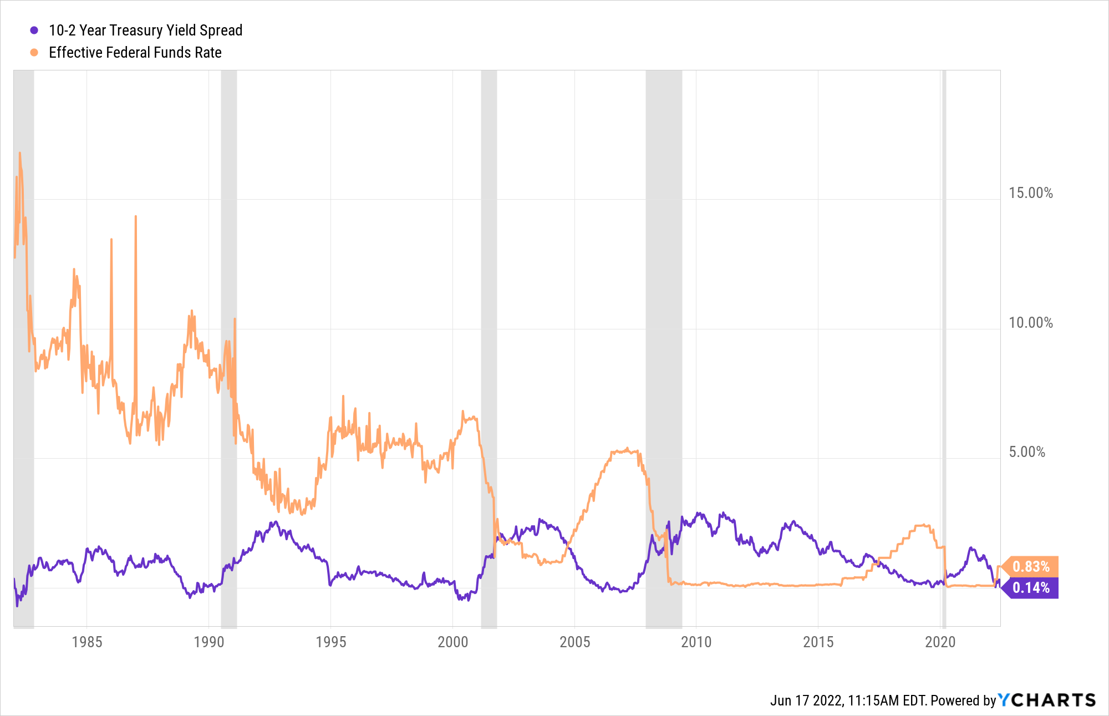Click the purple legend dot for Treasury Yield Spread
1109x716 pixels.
coord(34,31)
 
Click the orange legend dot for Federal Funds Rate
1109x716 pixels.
coord(34,53)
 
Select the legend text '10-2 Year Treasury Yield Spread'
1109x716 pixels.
coord(145,31)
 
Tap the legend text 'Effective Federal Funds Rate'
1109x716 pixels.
coord(135,53)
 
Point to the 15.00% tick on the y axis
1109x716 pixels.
coord(1030,193)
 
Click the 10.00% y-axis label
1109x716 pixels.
coord(1030,323)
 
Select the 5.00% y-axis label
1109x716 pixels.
coord(1026,452)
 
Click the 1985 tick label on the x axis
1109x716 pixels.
coord(87,642)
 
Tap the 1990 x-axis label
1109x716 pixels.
coord(209,642)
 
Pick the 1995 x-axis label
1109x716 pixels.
coord(331,642)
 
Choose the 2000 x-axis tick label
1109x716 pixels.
coord(453,642)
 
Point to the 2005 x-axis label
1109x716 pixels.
coord(575,642)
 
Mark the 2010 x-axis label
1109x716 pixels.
coord(696,642)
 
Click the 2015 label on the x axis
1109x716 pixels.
coord(818,642)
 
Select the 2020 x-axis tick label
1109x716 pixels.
coord(940,642)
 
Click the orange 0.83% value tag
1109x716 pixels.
coord(1031,566)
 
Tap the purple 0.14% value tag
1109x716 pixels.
coord(1031,588)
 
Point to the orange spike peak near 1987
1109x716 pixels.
coord(135,217)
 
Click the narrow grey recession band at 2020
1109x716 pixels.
coord(944,333)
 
